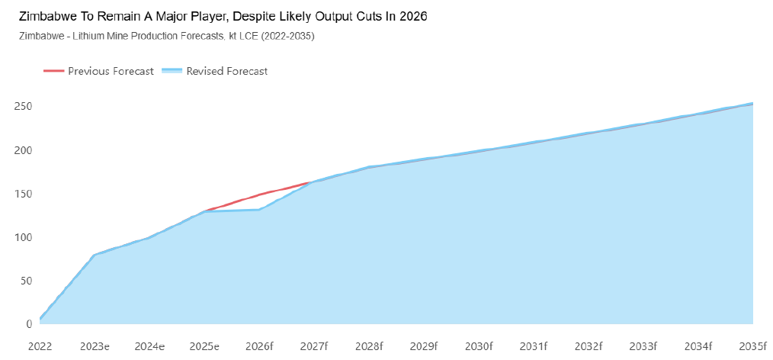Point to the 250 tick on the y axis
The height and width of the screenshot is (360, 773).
[x=23, y=106]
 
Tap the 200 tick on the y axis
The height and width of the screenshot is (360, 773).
[x=23, y=150]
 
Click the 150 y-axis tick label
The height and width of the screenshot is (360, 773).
[x=23, y=194]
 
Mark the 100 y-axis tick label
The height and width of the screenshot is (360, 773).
[x=23, y=237]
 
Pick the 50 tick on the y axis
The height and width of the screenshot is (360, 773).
[x=25, y=281]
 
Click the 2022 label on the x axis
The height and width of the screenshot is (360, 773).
[x=40, y=346]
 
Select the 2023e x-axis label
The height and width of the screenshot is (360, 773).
[x=95, y=346]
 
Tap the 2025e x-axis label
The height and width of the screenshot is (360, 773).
[x=204, y=346]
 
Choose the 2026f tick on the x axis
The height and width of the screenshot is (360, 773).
[x=259, y=346]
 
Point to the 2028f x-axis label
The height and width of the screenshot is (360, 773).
[x=369, y=346]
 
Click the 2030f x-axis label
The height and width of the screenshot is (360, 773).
[x=479, y=346]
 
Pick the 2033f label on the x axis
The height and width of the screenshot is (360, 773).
[x=643, y=346]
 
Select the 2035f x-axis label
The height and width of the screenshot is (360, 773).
[x=752, y=346]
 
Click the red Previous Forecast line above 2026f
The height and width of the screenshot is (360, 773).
[x=259, y=194]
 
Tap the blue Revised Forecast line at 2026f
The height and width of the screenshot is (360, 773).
[x=259, y=210]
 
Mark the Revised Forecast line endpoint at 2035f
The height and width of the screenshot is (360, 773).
[x=752, y=103]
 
